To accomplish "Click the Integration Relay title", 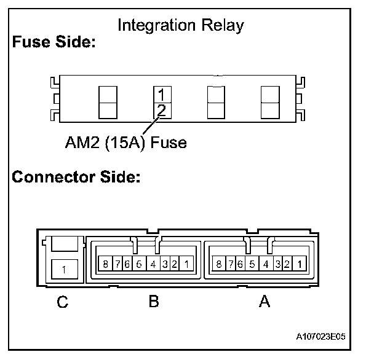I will point(180,26).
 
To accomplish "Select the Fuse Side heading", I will point(54,44).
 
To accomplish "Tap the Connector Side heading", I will point(77,178).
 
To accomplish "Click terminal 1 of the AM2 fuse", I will point(161,95).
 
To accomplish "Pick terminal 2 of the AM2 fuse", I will point(161,110).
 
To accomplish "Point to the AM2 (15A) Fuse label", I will point(126,143).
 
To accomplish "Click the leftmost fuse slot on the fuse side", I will point(107,102).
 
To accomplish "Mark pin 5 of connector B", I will point(139,265).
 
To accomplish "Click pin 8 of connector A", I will point(218,265).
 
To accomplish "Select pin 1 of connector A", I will point(300,265).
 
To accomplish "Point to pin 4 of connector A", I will point(265,265).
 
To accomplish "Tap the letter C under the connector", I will point(63,302).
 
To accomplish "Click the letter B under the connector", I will point(153,302).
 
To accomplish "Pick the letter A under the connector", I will point(265,302).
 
